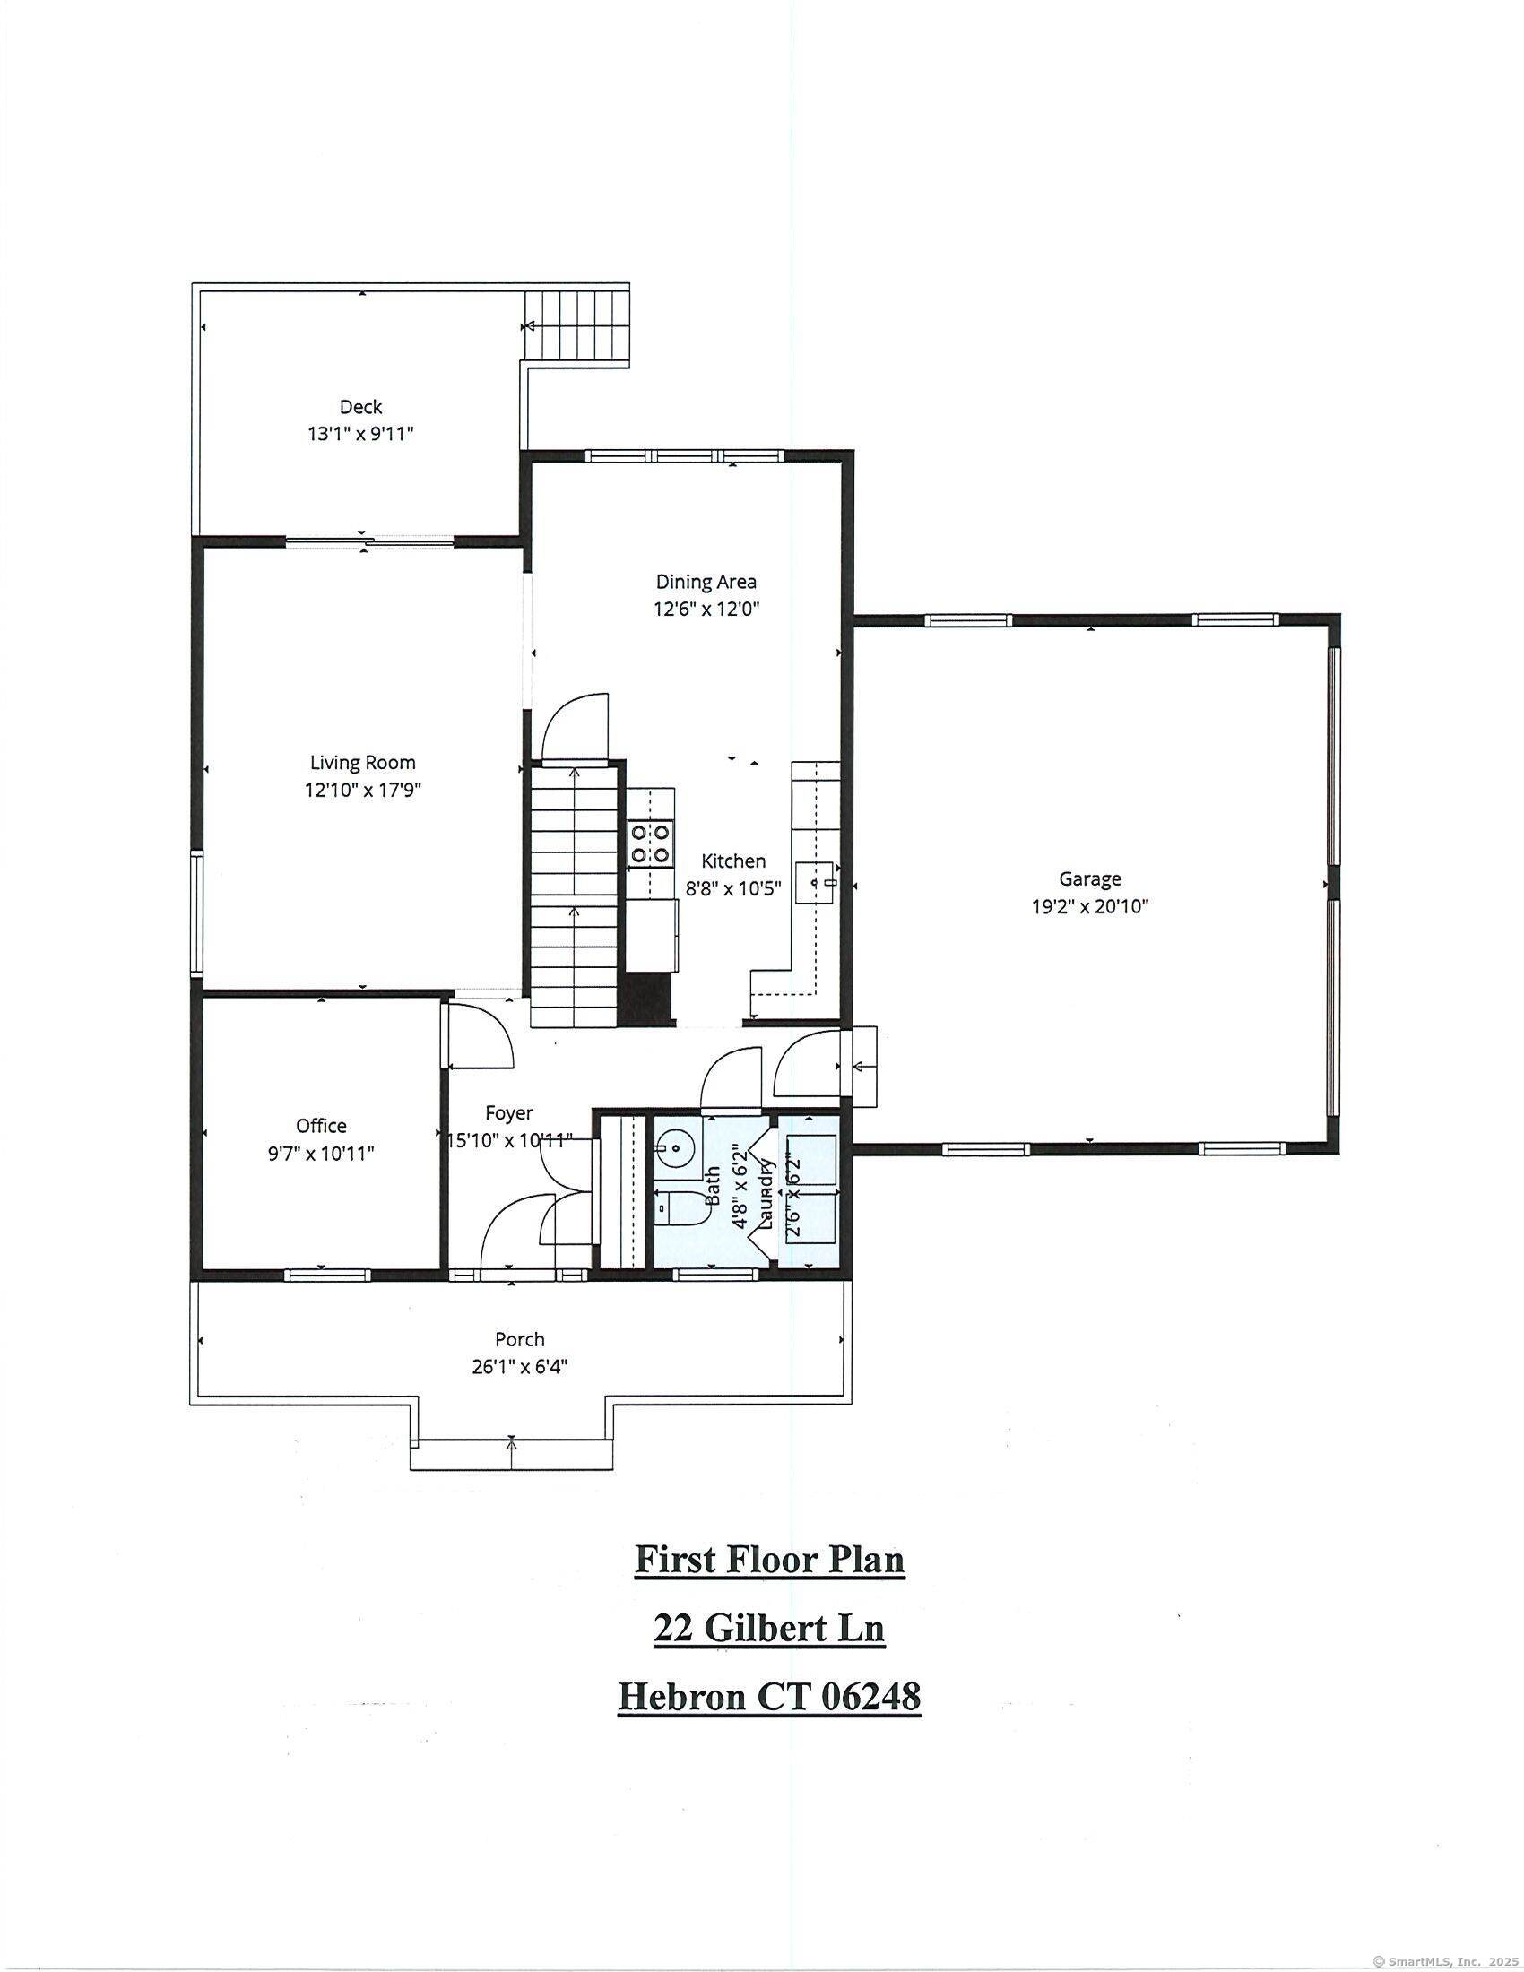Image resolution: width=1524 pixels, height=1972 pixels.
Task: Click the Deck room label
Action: pyautogui.click(x=360, y=407)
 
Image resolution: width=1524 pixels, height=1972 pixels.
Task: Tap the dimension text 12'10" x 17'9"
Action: pyautogui.click(x=363, y=790)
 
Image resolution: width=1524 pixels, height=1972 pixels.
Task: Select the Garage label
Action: pyautogui.click(x=1090, y=878)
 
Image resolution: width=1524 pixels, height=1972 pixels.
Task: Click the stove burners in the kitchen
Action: pyautogui.click(x=650, y=842)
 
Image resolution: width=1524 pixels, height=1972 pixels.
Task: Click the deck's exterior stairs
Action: pyautogui.click(x=577, y=324)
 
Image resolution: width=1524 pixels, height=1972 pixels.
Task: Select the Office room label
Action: pyautogui.click(x=322, y=1126)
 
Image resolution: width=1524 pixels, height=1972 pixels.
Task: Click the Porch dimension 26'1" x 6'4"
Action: pyautogui.click(x=519, y=1367)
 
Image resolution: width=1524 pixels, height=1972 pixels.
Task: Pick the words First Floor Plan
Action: pyautogui.click(x=769, y=1560)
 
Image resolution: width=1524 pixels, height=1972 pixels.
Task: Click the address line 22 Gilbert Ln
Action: pyautogui.click(x=769, y=1629)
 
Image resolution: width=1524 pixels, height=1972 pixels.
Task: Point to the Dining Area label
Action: pyautogui.click(x=706, y=582)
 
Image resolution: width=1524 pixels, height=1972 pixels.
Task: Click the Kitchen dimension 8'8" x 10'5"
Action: pyautogui.click(x=733, y=888)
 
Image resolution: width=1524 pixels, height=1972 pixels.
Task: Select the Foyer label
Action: pyautogui.click(x=508, y=1113)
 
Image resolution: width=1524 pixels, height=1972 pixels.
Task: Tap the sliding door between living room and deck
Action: pyautogui.click(x=369, y=541)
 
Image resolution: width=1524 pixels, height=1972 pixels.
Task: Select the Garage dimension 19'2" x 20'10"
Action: pyautogui.click(x=1090, y=905)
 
